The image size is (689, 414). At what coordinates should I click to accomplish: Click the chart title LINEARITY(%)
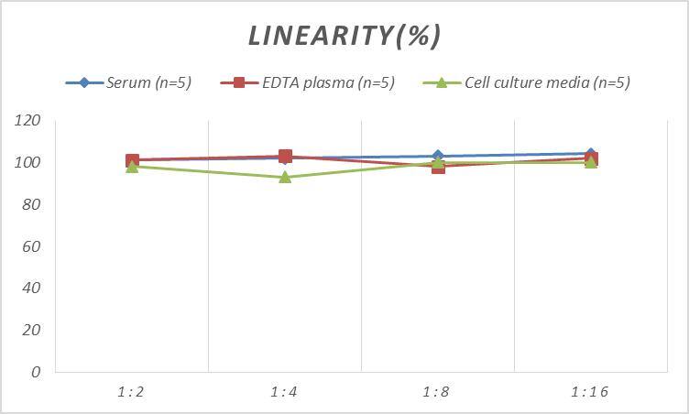[x=344, y=35]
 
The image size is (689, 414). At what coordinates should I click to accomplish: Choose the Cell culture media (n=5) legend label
[x=546, y=82]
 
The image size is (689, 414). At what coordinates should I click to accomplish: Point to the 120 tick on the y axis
[x=27, y=121]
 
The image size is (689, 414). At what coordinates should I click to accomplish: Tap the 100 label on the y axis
[x=27, y=163]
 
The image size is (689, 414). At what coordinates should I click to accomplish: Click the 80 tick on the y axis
[x=31, y=204]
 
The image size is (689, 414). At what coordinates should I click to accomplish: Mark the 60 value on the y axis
[x=31, y=246]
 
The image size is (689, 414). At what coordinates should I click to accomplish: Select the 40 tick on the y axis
[x=31, y=288]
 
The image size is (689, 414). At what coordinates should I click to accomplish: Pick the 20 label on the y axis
[x=31, y=330]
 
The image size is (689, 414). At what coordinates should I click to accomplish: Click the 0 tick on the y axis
[x=36, y=372]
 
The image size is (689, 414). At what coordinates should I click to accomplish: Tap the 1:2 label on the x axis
[x=131, y=392]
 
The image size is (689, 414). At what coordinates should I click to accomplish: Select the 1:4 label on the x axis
[x=284, y=392]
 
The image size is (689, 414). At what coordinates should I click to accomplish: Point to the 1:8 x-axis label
[x=437, y=392]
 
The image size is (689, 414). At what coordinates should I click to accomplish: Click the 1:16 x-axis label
[x=590, y=392]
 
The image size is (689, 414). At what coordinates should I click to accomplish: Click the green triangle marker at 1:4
[x=285, y=177]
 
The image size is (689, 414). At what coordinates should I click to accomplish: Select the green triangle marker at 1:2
[x=132, y=167]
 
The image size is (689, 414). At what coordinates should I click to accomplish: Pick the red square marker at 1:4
[x=285, y=157]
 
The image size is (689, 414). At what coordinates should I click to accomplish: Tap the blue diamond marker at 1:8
[x=438, y=157]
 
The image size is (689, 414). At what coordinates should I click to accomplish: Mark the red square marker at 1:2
[x=132, y=160]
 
